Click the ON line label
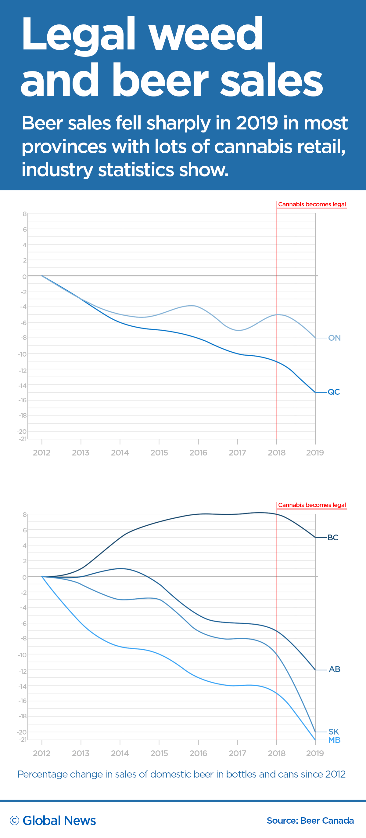(334, 338)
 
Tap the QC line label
(333, 392)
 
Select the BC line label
(332, 537)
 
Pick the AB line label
(334, 669)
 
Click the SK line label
(333, 732)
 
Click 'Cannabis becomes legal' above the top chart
(312, 204)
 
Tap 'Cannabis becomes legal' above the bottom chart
(312, 505)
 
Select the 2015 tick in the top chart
(159, 452)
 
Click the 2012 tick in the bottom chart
(41, 753)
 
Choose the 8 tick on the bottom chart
(25, 515)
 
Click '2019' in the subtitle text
(257, 123)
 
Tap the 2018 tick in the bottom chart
(276, 753)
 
